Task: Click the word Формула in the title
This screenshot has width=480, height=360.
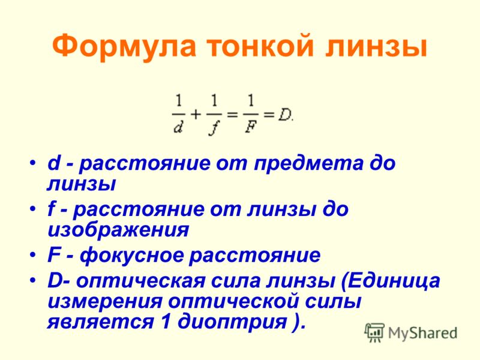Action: pyautogui.click(x=124, y=46)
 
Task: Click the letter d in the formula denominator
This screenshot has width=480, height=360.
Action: pyautogui.click(x=178, y=126)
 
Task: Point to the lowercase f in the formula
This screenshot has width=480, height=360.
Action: pyautogui.click(x=214, y=127)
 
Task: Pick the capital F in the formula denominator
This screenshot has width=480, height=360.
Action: pyautogui.click(x=250, y=126)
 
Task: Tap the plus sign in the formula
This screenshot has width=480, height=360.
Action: pyautogui.click(x=196, y=115)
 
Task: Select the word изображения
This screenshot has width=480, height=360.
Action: pyautogui.click(x=118, y=230)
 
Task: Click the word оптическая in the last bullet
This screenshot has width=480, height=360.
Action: pyautogui.click(x=140, y=281)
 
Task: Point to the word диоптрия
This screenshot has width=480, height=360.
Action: pyautogui.click(x=232, y=322)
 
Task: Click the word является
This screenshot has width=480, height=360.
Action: pyautogui.click(x=100, y=323)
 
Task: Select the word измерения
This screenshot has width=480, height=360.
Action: pyautogui.click(x=104, y=302)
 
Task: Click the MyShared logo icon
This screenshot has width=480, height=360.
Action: pyautogui.click(x=374, y=332)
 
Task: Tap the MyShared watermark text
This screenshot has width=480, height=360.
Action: pyautogui.click(x=422, y=333)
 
